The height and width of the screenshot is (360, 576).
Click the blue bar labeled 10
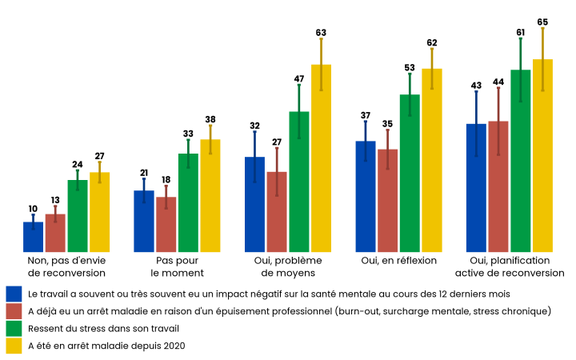tap(33, 237)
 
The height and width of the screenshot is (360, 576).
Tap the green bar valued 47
tap(299, 182)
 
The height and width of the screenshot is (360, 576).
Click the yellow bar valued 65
tap(542, 156)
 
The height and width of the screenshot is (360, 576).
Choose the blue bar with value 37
tap(366, 196)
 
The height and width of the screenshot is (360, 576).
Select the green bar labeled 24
tap(78, 216)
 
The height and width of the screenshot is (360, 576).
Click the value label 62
tap(432, 42)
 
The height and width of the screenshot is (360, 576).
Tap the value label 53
tap(410, 68)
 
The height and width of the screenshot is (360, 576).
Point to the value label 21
tap(144, 173)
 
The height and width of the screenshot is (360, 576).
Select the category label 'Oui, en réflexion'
tap(399, 261)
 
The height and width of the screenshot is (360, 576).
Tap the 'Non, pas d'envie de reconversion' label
tap(66, 266)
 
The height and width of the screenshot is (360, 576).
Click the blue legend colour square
tap(14, 294)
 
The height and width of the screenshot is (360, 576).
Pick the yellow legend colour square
tap(14, 346)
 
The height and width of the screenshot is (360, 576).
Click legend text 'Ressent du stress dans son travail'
tap(103, 328)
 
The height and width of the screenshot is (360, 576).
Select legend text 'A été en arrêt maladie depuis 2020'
tap(106, 346)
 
